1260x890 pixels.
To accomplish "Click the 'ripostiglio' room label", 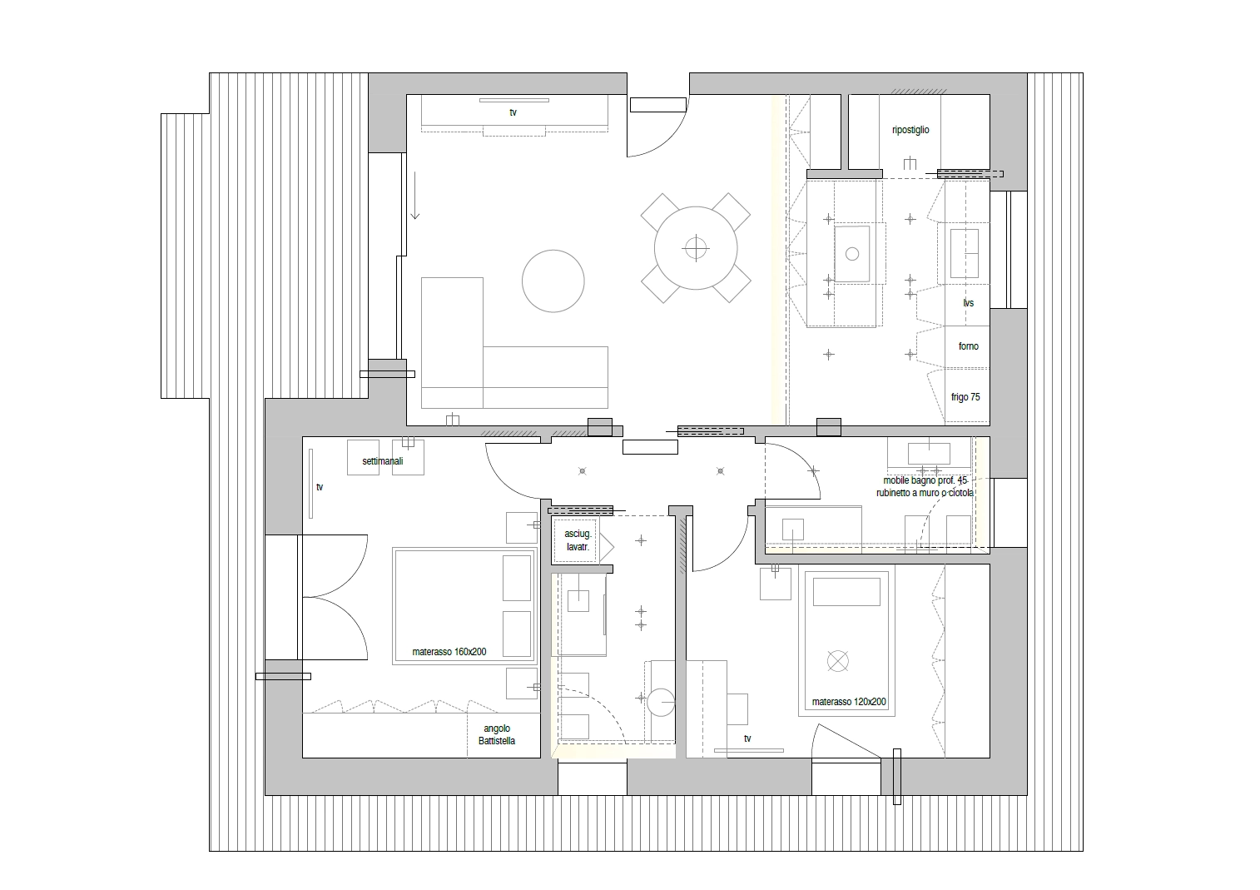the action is click(x=910, y=130).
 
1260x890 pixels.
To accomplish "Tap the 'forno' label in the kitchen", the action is click(x=968, y=346).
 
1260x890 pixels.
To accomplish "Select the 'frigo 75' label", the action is click(x=965, y=396).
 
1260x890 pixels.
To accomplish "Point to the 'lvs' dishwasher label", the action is click(x=968, y=303).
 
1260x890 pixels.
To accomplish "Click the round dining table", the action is click(x=696, y=248).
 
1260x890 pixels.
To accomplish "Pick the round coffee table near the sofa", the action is click(x=553, y=281).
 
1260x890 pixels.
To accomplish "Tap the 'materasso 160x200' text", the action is click(x=449, y=651).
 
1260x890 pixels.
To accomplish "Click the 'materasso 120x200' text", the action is click(x=849, y=702).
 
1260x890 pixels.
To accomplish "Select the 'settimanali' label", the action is click(x=383, y=460).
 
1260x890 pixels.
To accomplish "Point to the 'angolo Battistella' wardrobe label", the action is click(x=497, y=734).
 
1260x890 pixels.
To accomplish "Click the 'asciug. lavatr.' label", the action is click(x=578, y=539).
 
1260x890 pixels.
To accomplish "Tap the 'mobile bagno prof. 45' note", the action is click(x=925, y=480).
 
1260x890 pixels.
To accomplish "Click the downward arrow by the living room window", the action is click(x=415, y=195).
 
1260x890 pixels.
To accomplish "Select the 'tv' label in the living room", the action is click(x=513, y=112).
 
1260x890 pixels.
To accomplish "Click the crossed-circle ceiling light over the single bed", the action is click(x=837, y=661).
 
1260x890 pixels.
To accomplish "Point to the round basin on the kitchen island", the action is click(x=852, y=254).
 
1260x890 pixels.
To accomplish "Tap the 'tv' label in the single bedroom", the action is click(x=747, y=738).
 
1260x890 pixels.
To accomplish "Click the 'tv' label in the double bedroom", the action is click(x=320, y=487).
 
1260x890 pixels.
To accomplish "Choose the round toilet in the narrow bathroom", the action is click(x=660, y=702).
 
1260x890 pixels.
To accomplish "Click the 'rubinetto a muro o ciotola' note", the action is click(x=925, y=493).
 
